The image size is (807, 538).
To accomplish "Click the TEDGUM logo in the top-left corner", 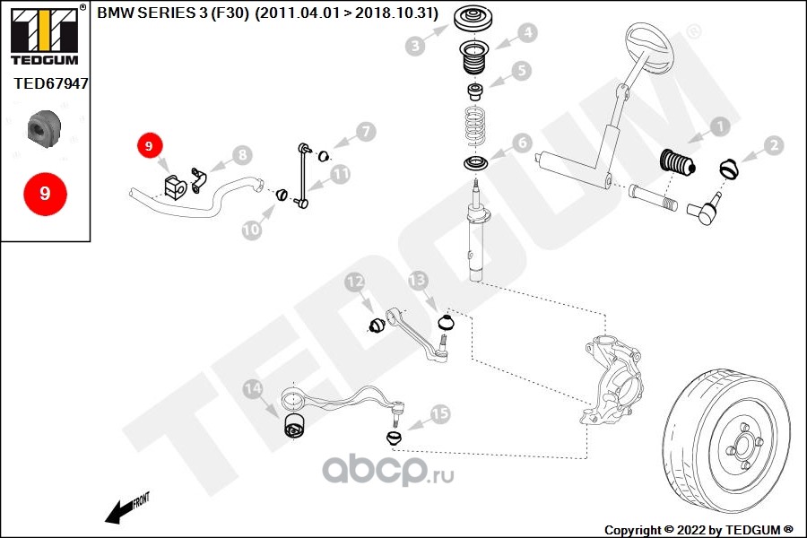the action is [45, 35].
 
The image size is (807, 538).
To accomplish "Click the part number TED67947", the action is [50, 83].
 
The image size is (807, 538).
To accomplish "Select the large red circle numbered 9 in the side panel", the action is [46, 194].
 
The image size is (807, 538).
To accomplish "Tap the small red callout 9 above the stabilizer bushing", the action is [149, 145].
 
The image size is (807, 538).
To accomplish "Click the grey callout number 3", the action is [415, 46].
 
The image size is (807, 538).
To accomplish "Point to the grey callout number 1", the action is [720, 126].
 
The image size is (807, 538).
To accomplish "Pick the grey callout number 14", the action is [253, 388].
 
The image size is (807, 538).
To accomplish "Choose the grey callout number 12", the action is [354, 282].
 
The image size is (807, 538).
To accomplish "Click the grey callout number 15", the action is [440, 413].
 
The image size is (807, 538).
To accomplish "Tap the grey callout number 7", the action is [366, 131].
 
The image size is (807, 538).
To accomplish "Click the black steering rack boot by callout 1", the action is [677, 162].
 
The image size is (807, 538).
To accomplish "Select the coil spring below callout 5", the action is [475, 126].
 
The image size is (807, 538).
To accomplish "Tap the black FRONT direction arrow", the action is [119, 512].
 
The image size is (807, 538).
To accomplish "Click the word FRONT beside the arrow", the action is [141, 500].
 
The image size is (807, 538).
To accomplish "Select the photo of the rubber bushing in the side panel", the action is [44, 128].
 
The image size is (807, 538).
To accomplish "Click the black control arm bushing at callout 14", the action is [295, 425].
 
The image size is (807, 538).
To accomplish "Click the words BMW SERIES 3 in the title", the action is [152, 13].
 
